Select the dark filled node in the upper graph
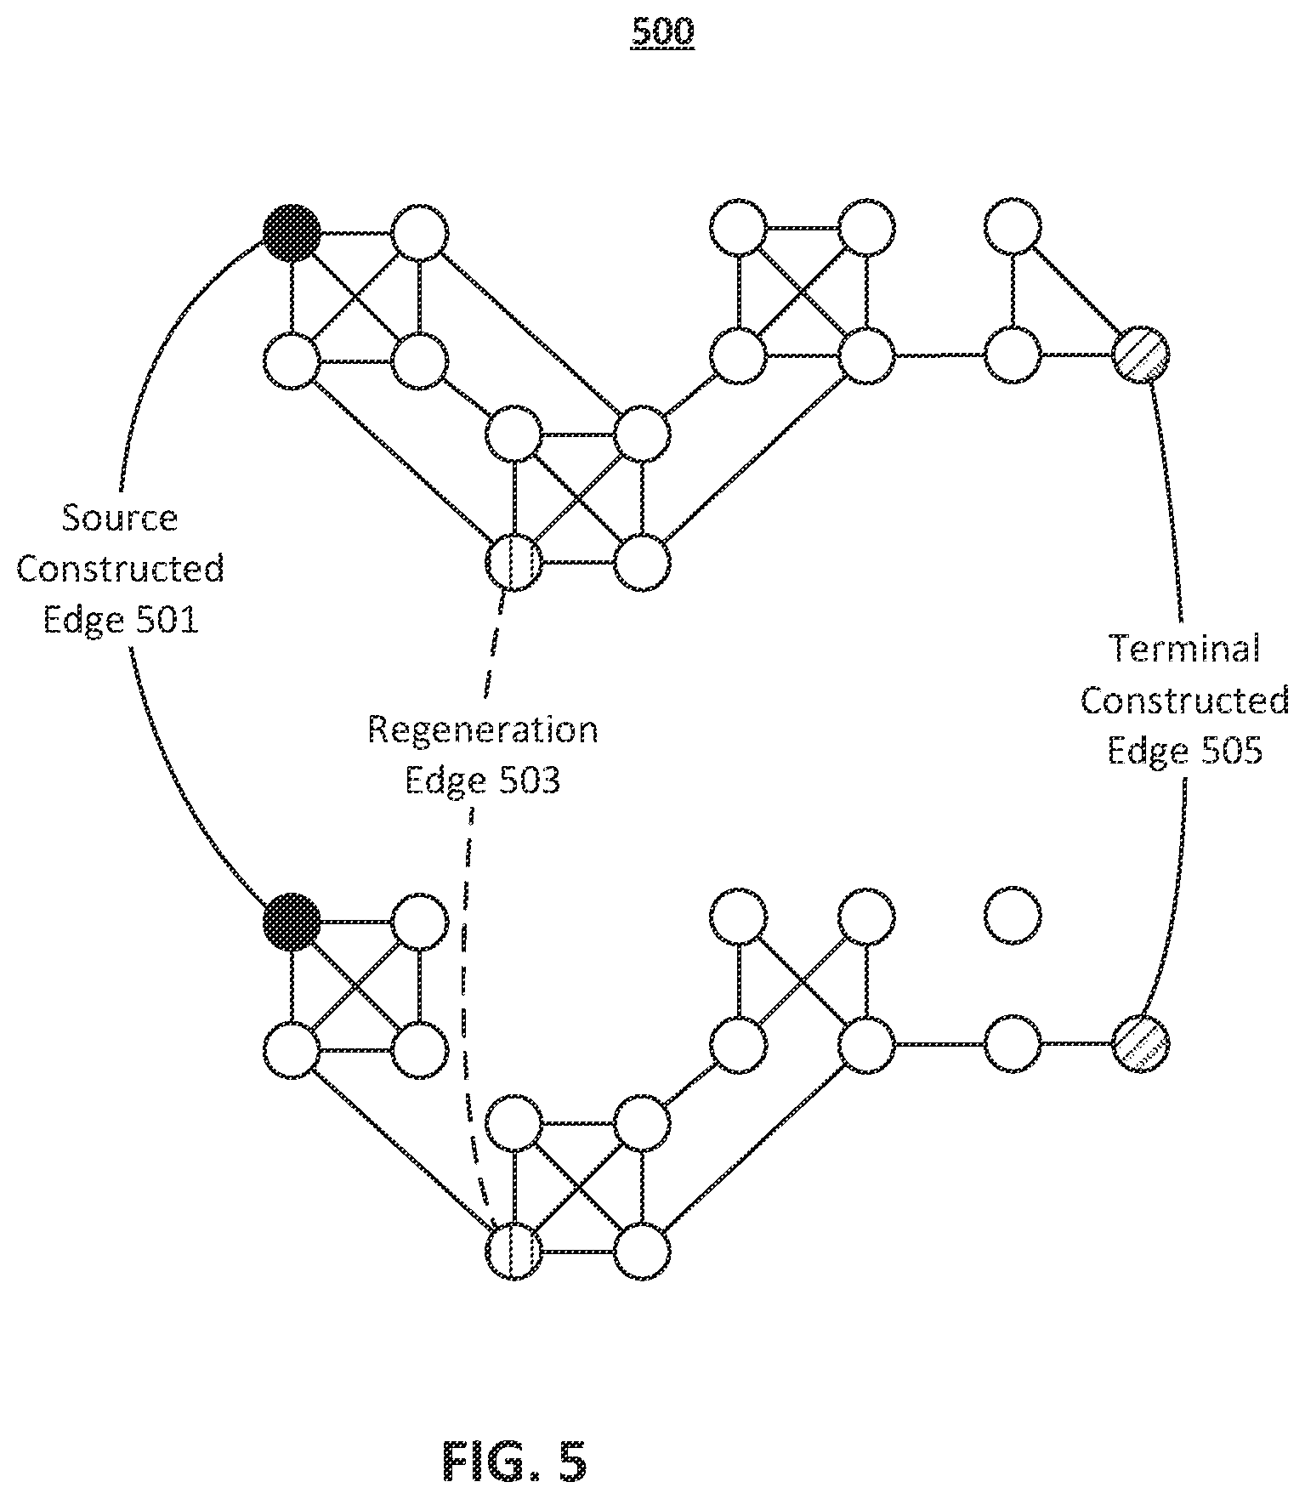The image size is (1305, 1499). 292,231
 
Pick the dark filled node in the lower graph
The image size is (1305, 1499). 292,921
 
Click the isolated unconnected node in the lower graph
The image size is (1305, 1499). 1013,917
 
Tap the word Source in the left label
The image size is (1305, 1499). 120,518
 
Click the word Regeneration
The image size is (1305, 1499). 483,730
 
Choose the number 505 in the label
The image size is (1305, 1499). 1230,751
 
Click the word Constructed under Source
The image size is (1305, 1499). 120,569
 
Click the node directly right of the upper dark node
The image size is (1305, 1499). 420,231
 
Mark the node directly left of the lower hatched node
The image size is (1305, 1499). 1013,1042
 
